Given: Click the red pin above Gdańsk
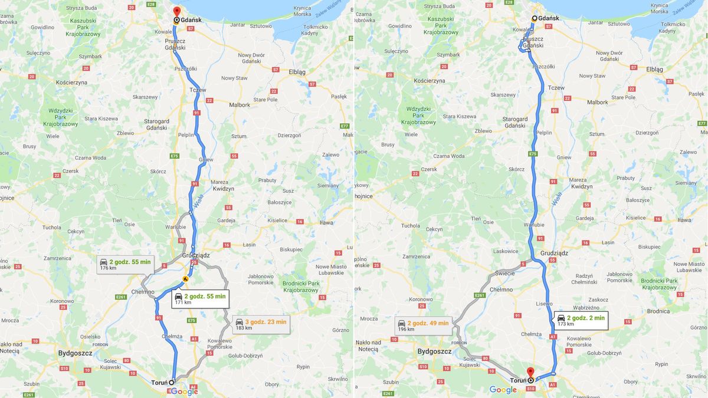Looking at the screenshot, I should (176, 11).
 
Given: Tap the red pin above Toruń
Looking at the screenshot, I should (530, 372).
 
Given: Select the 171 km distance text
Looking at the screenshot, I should (183, 302).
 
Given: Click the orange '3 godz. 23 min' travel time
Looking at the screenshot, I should (265, 322).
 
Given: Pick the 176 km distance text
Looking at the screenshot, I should (108, 268).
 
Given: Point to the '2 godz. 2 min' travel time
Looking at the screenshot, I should (586, 318).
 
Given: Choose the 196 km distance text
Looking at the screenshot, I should (406, 329).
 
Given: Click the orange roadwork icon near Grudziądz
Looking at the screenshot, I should (186, 278).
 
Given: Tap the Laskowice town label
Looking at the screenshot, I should (505, 251).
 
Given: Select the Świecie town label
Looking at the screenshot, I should (506, 272).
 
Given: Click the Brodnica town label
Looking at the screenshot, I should (658, 311).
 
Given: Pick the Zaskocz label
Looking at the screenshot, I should (598, 299).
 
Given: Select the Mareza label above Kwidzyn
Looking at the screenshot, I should (219, 182).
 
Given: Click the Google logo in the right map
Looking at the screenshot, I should (503, 390).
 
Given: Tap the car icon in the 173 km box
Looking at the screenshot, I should (561, 318).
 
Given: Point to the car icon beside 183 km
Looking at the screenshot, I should (240, 323).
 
